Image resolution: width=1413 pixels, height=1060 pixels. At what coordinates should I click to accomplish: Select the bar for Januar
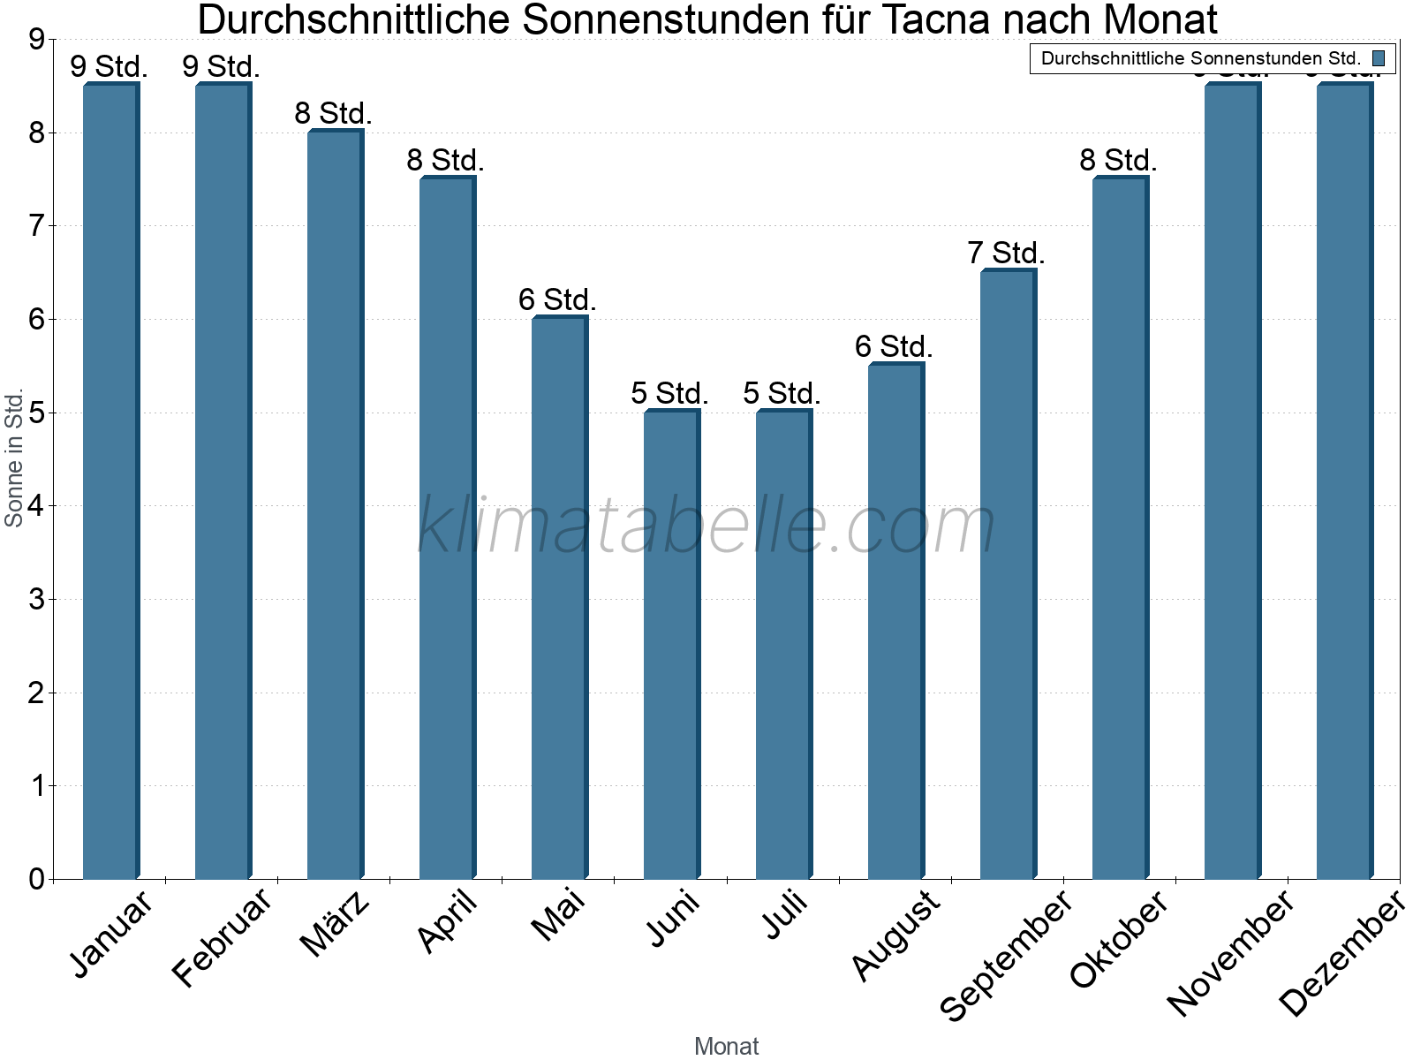110,481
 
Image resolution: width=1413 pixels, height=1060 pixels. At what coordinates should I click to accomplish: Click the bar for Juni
671,645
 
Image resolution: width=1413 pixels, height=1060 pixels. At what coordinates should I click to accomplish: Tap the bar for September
1008,574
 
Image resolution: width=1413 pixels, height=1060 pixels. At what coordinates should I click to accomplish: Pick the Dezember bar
1344,481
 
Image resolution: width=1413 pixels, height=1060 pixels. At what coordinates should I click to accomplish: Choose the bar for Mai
559,598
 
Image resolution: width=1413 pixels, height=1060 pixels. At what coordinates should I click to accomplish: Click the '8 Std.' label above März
334,113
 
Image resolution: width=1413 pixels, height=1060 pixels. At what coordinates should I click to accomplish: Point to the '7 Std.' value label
1006,254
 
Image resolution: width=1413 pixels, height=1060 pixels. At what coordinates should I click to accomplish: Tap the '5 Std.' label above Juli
782,393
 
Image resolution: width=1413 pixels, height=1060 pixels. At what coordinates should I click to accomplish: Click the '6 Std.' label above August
894,346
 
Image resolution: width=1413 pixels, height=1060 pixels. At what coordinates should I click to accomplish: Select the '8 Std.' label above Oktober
1118,160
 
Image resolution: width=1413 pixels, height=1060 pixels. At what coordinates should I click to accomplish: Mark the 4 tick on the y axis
36,506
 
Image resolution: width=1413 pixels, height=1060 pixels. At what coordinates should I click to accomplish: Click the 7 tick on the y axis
36,226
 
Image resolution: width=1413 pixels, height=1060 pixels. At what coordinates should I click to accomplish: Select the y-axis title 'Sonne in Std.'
14,458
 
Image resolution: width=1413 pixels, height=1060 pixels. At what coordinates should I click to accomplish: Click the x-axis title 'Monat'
726,1046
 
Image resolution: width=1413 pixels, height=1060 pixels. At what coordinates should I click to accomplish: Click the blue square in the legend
1379,59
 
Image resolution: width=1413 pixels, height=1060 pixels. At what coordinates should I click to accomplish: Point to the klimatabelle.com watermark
706,526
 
